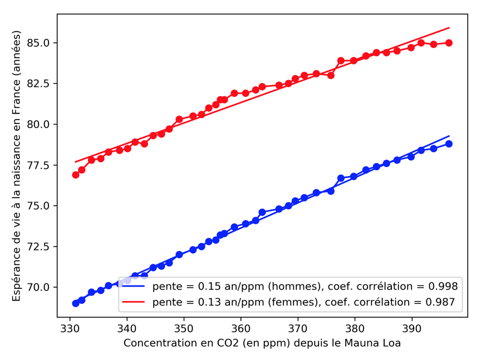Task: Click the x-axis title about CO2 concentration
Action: point(262,343)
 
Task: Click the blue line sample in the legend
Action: point(134,287)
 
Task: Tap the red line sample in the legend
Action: point(134,302)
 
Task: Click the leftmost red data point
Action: point(76,175)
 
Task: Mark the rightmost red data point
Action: point(449,43)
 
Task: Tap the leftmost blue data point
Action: point(76,303)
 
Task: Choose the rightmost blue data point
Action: point(449,144)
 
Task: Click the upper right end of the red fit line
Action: point(449,28)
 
